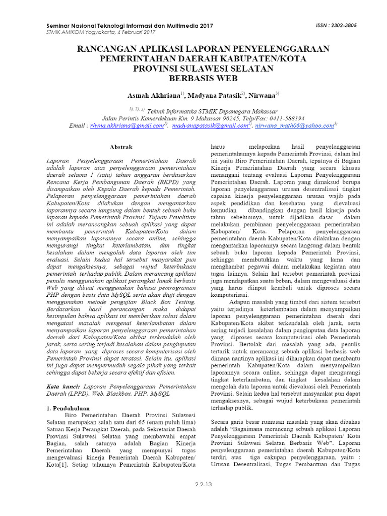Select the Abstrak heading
tap(121, 147)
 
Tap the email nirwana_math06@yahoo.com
tap(295, 125)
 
